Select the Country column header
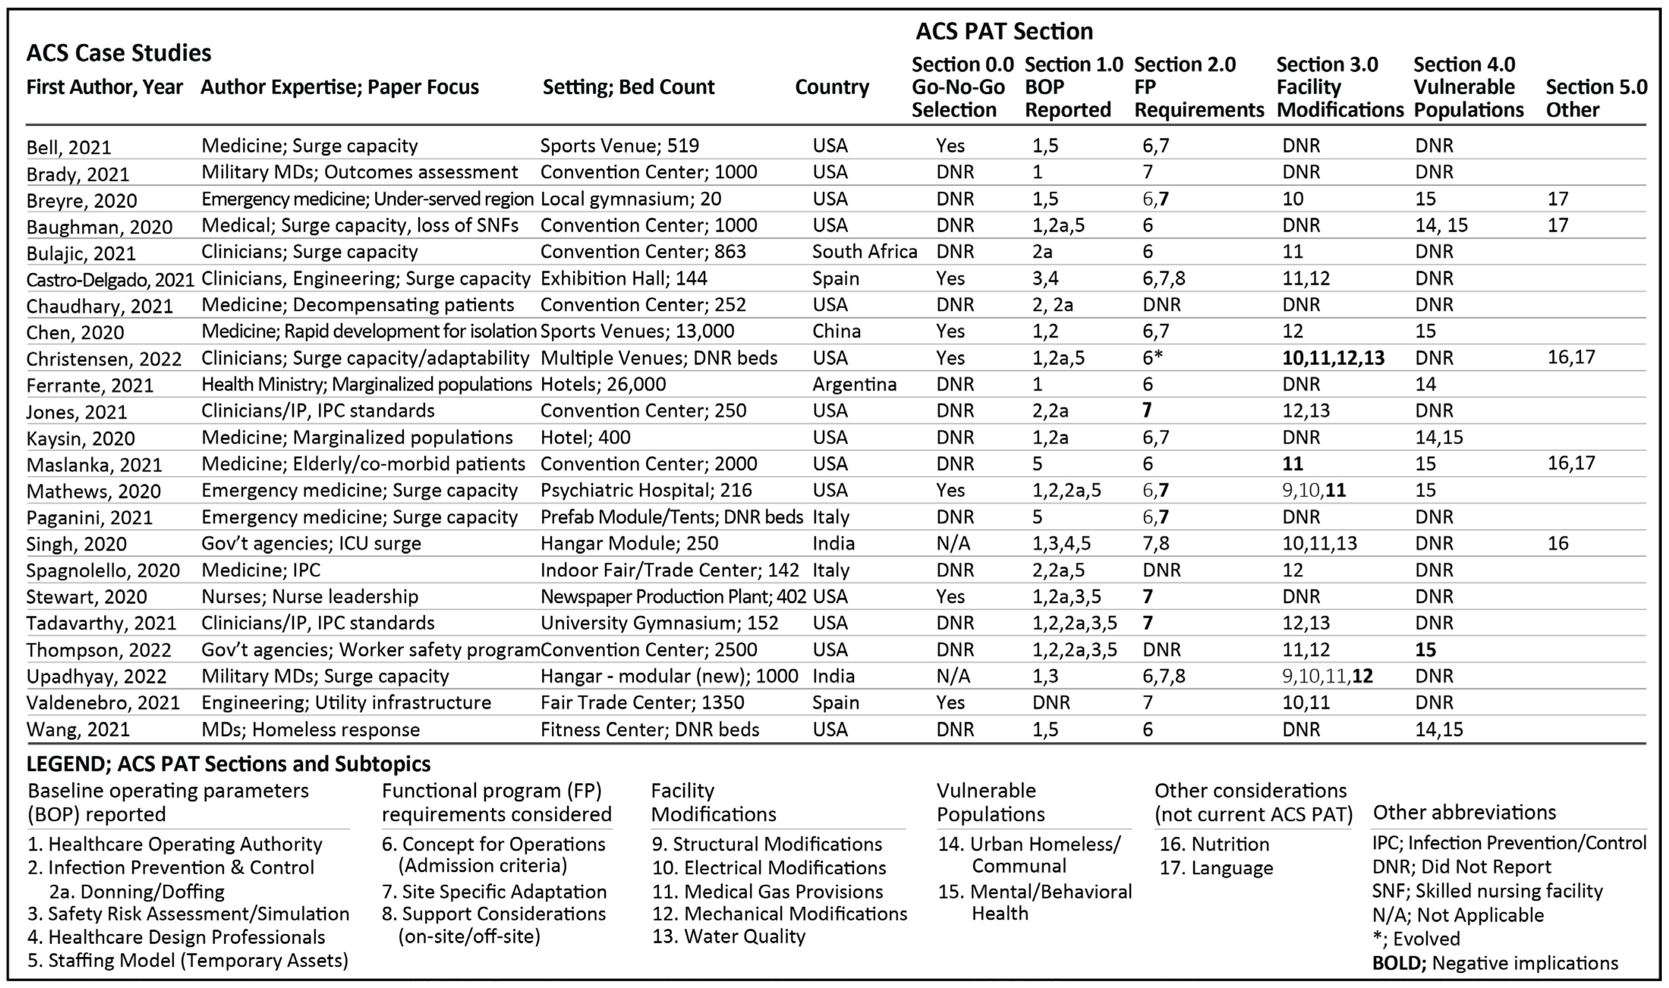click(832, 87)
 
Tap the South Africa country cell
click(864, 252)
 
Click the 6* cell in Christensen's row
click(1152, 358)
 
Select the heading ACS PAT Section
click(1004, 31)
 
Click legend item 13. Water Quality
click(729, 937)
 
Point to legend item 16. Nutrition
click(1214, 844)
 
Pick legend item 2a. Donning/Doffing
click(137, 892)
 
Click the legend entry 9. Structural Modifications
click(767, 844)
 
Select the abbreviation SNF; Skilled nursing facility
click(1487, 891)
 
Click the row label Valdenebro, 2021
click(103, 703)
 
